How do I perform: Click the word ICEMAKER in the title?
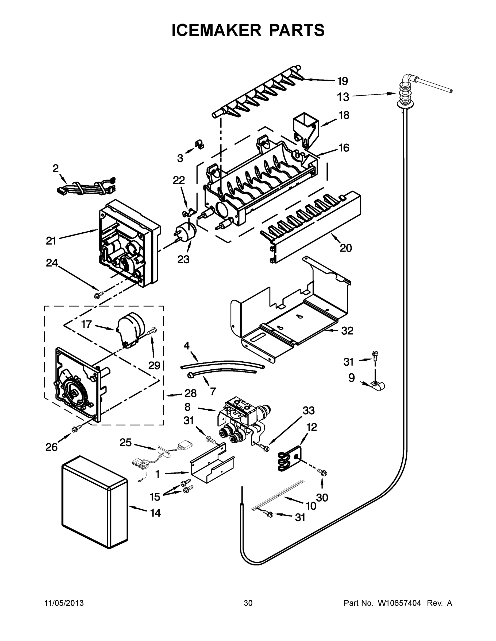[216, 30]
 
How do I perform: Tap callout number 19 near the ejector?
[342, 81]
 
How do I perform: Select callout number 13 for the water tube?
[343, 97]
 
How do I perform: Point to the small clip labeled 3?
[200, 144]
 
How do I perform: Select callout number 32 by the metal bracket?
[347, 331]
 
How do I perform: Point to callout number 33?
[308, 410]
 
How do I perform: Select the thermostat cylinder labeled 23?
[186, 231]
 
